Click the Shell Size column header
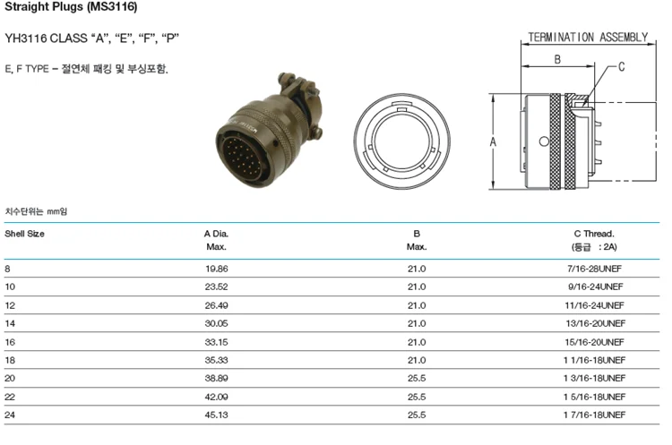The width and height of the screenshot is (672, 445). (x=25, y=233)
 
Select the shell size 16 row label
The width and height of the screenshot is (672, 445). (x=10, y=342)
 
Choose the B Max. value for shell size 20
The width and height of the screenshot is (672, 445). (x=417, y=379)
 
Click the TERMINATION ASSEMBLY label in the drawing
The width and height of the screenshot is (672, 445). (x=588, y=37)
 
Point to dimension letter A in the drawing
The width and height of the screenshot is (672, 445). (x=494, y=141)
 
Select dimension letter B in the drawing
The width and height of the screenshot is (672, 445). (x=556, y=59)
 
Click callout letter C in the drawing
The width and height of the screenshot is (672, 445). (x=622, y=67)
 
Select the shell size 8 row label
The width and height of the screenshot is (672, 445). (x=8, y=268)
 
